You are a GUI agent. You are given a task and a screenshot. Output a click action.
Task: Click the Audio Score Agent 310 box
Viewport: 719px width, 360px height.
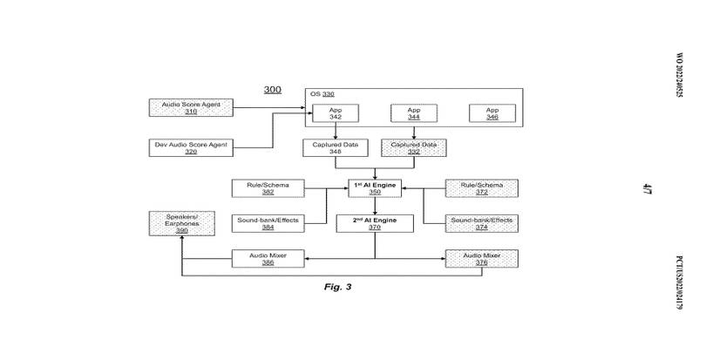pyautogui.click(x=191, y=107)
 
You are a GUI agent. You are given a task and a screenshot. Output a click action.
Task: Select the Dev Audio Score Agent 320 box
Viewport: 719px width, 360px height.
pyautogui.click(x=191, y=148)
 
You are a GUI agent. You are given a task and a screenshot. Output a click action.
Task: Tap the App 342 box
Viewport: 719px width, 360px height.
pyautogui.click(x=336, y=113)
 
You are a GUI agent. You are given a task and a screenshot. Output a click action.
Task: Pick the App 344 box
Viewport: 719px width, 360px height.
pyautogui.click(x=414, y=113)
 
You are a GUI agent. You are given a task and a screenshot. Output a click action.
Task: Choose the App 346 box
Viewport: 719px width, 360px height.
pyautogui.click(x=492, y=113)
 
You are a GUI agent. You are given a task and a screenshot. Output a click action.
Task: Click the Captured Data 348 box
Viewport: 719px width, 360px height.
pyautogui.click(x=336, y=148)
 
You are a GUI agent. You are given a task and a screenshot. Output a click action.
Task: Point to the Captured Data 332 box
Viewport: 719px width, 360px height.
pyautogui.click(x=414, y=148)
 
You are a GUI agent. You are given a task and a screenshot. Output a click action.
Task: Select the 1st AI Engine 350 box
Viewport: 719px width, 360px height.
pyautogui.click(x=375, y=188)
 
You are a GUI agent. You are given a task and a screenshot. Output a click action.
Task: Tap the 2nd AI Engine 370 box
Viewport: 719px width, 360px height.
pyautogui.click(x=375, y=223)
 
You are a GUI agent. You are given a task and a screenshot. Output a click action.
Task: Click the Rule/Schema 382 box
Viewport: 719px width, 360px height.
pyautogui.click(x=268, y=188)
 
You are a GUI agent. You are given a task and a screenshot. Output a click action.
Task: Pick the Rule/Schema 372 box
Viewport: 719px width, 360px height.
pyautogui.click(x=481, y=188)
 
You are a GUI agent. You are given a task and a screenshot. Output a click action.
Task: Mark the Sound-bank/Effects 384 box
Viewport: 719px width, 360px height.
pyautogui.click(x=268, y=223)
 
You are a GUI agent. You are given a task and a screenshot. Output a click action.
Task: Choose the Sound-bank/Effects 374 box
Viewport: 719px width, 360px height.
pyautogui.click(x=481, y=223)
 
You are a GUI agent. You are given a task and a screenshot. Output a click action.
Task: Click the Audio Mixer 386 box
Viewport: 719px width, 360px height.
pyautogui.click(x=268, y=259)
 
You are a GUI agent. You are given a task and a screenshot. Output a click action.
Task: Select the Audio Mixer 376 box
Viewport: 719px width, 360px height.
pyautogui.click(x=481, y=259)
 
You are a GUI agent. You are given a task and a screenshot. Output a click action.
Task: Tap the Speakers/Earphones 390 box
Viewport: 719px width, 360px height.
pyautogui.click(x=182, y=223)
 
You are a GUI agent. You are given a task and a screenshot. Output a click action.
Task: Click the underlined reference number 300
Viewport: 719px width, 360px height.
pyautogui.click(x=273, y=90)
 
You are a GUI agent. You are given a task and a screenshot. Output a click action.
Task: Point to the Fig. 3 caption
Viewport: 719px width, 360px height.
pyautogui.click(x=337, y=287)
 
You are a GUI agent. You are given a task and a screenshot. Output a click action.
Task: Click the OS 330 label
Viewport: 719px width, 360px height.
pyautogui.click(x=322, y=94)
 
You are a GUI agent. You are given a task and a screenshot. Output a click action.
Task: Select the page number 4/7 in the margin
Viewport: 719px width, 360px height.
pyautogui.click(x=648, y=187)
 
